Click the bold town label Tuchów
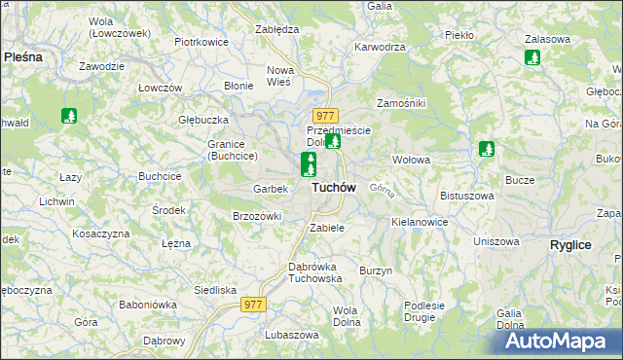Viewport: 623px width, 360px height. click(x=333, y=187)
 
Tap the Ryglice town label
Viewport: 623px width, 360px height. click(x=570, y=245)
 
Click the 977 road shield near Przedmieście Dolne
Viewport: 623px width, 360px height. click(x=325, y=116)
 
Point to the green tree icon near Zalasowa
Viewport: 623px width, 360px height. click(x=531, y=57)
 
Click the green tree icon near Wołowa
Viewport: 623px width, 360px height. click(x=487, y=150)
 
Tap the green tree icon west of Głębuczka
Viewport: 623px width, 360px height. click(x=69, y=117)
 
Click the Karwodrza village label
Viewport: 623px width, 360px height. click(x=380, y=47)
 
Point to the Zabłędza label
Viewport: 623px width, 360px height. click(x=275, y=30)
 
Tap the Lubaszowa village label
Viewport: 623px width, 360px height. click(x=291, y=335)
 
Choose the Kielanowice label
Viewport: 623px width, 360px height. click(x=420, y=222)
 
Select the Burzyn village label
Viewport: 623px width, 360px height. click(x=376, y=270)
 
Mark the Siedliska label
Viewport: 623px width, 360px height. click(x=215, y=290)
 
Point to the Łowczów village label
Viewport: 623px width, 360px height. click(x=161, y=88)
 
